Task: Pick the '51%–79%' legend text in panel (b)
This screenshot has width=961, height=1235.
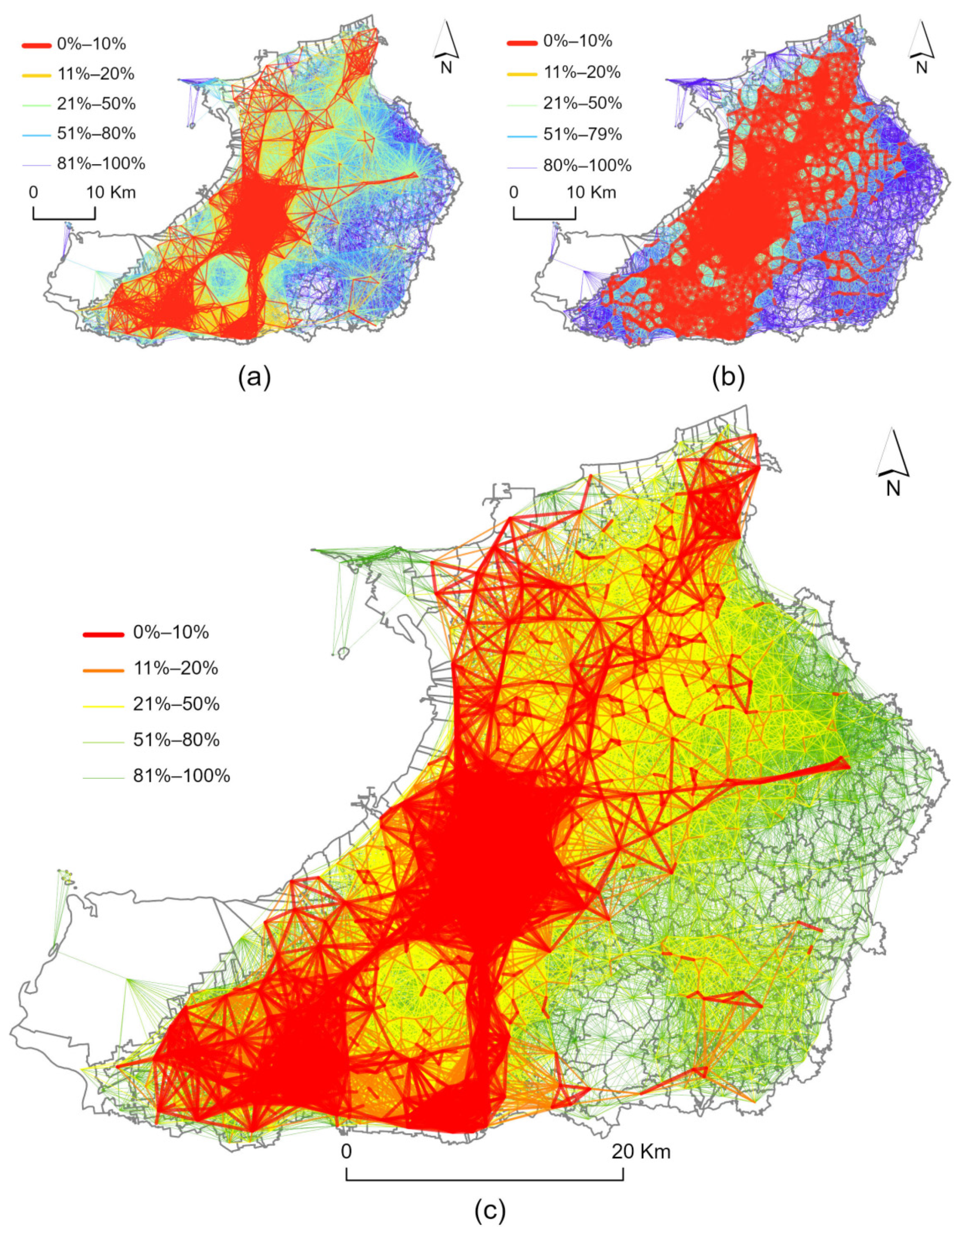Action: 583,134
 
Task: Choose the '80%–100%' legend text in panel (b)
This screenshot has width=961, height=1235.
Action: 587,165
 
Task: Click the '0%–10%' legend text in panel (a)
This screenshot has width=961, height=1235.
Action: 91,44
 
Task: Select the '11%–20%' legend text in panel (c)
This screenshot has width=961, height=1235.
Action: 175,669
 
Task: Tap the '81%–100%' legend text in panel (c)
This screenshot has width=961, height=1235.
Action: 182,776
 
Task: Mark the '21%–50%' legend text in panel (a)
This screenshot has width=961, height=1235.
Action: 96,104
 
